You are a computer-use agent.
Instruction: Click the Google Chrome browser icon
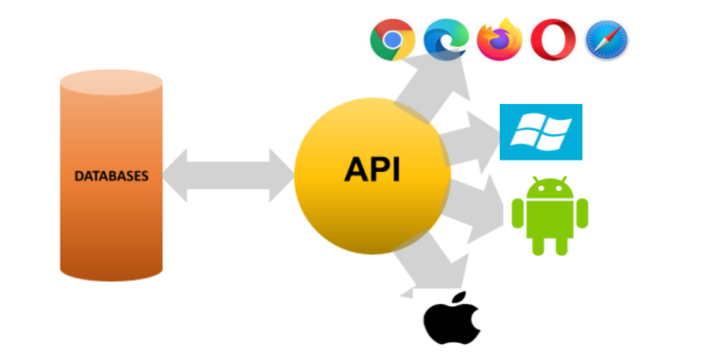(390, 42)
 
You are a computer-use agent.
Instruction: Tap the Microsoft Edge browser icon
(445, 41)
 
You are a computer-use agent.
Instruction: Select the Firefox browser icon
(499, 41)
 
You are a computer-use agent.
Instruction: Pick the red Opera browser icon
(552, 41)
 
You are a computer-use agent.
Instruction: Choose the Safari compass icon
(606, 41)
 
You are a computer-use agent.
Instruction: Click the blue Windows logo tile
(541, 132)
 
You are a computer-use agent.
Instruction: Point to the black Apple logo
(452, 320)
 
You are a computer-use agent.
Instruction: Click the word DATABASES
(112, 176)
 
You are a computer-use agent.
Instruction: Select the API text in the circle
(372, 170)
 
